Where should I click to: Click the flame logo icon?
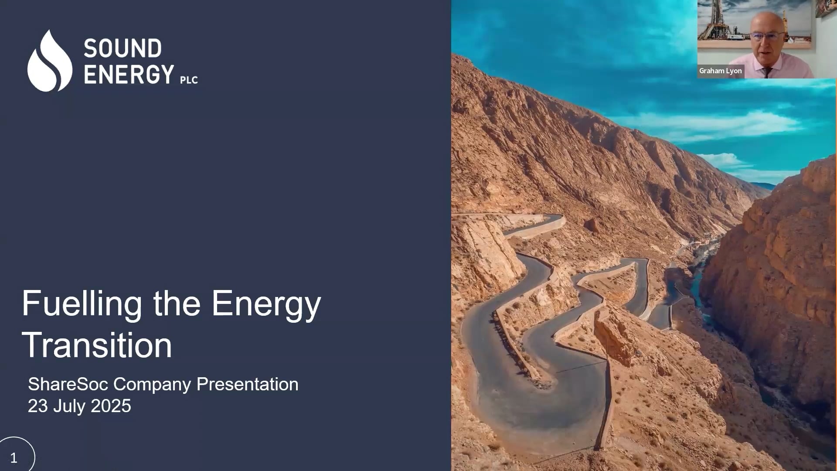(x=49, y=61)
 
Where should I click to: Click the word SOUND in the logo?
(x=122, y=48)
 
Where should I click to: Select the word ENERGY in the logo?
(x=129, y=74)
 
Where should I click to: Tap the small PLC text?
(x=189, y=80)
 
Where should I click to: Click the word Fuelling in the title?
(x=82, y=304)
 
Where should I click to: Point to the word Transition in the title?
(x=97, y=345)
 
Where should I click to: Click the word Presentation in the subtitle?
(x=247, y=384)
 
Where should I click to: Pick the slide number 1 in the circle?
(x=14, y=458)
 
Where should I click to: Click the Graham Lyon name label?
(x=720, y=71)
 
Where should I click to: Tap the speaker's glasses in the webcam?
(x=768, y=36)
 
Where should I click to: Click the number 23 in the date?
(x=38, y=406)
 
